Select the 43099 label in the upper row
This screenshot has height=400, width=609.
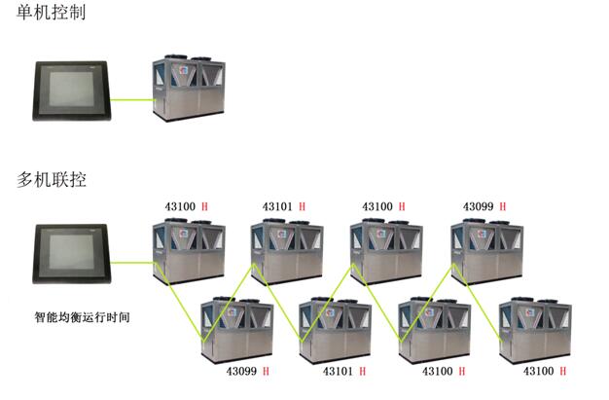click(477, 207)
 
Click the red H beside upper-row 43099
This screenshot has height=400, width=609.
click(502, 207)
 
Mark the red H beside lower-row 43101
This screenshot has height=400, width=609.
click(362, 372)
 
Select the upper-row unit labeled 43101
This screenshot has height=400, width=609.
click(287, 253)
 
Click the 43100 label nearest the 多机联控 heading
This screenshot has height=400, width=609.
click(178, 207)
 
